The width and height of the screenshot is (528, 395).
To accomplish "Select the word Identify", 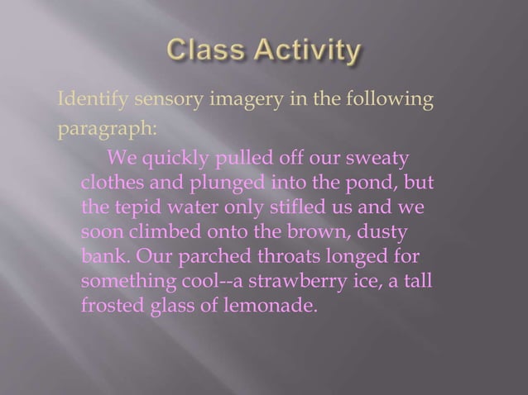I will click(x=88, y=102).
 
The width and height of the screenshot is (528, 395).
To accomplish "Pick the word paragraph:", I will click(x=92, y=131).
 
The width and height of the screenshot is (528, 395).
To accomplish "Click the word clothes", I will click(x=112, y=181).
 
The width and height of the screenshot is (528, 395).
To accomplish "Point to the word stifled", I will click(x=281, y=204).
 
